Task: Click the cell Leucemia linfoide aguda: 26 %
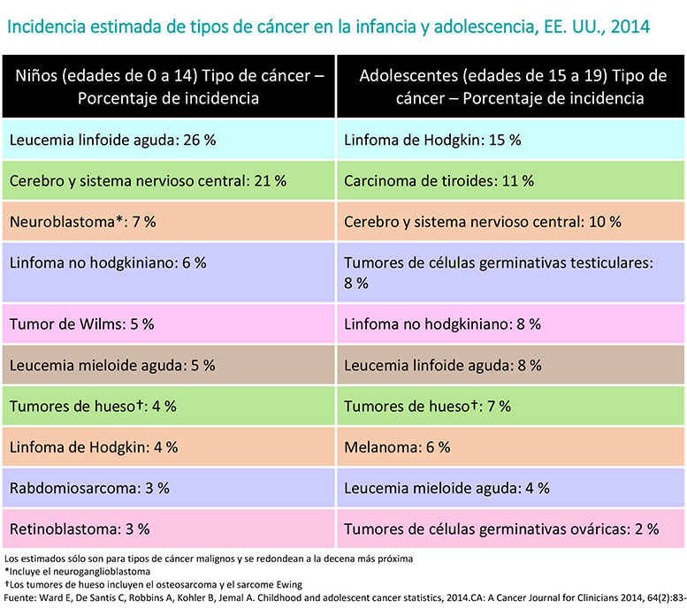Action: pos(168,140)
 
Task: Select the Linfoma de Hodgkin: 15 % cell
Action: pos(511,140)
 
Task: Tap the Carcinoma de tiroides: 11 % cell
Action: pos(511,180)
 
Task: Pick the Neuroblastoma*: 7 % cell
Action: pos(168,221)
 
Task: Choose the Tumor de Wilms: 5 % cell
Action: pos(168,323)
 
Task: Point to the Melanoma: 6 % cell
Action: pos(511,447)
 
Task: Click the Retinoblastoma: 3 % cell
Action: pos(168,529)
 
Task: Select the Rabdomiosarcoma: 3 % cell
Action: pos(168,488)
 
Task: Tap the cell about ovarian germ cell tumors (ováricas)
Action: pos(511,529)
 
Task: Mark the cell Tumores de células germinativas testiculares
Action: pos(511,272)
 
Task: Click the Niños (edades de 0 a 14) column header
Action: pos(168,87)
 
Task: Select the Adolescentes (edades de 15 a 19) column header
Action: pos(511,87)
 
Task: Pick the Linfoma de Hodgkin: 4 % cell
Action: pos(168,447)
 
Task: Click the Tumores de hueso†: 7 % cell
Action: pos(511,407)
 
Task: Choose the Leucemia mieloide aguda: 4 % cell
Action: pos(511,488)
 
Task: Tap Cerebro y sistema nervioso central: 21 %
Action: pos(168,180)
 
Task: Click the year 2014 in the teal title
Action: pos(630,27)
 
